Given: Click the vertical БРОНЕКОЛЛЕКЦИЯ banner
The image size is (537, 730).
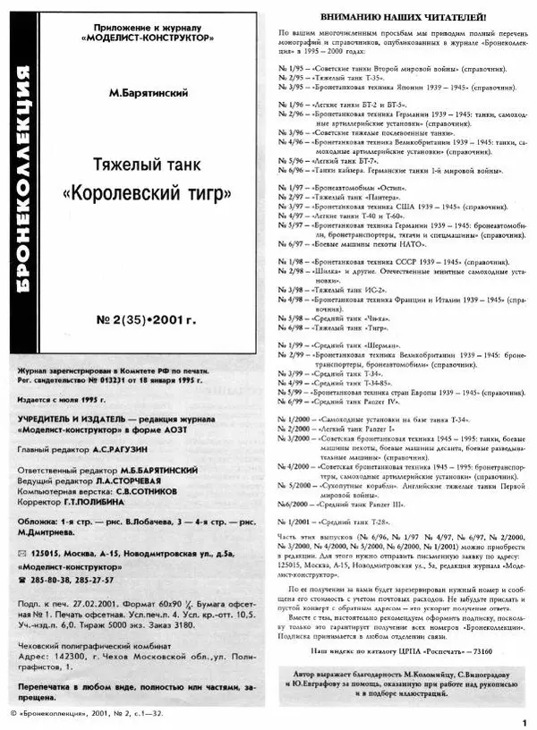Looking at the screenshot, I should (19, 178).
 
